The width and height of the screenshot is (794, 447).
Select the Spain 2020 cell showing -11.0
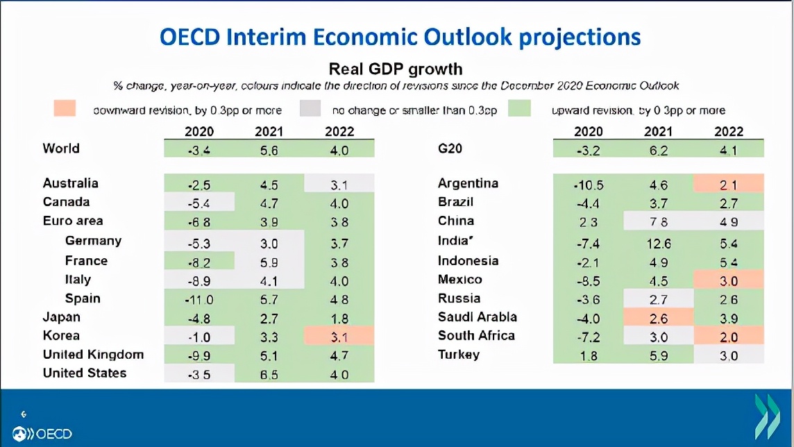[x=199, y=299]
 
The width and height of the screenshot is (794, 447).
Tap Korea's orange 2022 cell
[x=339, y=337]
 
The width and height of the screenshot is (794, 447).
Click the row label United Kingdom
[x=93, y=355]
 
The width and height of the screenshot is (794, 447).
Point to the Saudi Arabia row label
[x=477, y=317]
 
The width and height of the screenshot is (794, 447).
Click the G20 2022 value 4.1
[x=728, y=149]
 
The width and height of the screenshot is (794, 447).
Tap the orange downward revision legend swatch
[x=67, y=110]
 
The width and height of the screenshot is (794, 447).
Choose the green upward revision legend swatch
[x=520, y=110]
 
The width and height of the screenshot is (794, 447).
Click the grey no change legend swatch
[x=311, y=110]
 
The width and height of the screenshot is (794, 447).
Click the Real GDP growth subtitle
[x=395, y=69]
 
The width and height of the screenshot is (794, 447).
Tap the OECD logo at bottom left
[x=43, y=434]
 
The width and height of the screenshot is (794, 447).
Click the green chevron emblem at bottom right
[x=767, y=417]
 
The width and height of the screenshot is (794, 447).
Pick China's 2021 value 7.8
[x=658, y=222]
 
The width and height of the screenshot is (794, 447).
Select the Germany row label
[x=93, y=241]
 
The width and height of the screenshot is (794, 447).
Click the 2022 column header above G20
[x=728, y=131]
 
